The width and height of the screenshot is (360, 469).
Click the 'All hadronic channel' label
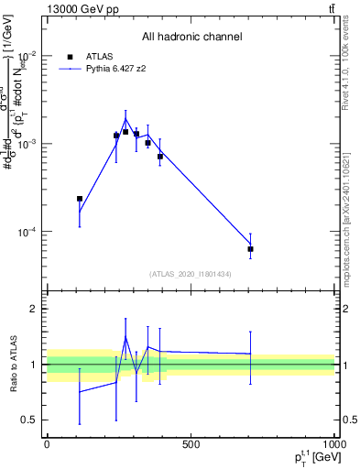pos(191,37)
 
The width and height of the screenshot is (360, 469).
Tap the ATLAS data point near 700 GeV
pos(250,248)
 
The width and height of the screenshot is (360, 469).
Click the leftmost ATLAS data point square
pos(80,198)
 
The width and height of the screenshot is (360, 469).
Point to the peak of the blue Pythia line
pos(126,118)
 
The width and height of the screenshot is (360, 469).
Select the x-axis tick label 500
pos(191,444)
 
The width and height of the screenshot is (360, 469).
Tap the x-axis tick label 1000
pos(333,444)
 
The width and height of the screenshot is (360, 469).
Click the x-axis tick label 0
pos(47,444)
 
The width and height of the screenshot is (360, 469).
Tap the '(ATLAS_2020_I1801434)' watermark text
pos(191,274)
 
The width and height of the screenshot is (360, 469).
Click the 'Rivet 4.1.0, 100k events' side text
pos(352,69)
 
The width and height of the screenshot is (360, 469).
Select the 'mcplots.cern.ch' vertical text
pos(352,229)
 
